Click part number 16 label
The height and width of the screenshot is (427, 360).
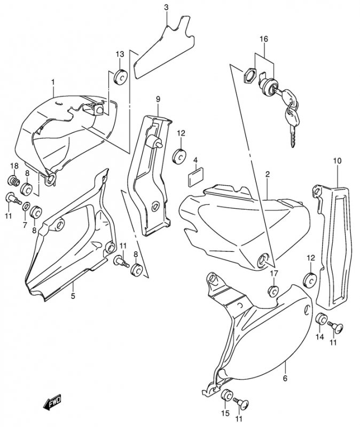coord(263,39)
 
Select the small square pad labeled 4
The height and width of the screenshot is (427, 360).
coord(195,178)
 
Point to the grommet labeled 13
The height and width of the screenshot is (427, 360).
coord(121,76)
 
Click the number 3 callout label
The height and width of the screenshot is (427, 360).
coord(166,7)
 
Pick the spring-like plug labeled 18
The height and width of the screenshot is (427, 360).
coord(14,180)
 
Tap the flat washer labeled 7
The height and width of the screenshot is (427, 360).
coord(26,207)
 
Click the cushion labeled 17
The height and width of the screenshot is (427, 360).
coord(273,291)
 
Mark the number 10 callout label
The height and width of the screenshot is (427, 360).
coord(337,161)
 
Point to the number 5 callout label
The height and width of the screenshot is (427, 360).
coord(73,296)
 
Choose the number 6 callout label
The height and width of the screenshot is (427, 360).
coord(285,378)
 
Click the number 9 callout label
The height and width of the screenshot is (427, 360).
coord(158,99)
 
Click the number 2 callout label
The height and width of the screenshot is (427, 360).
coord(268,174)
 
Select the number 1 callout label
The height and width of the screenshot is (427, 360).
coord(53,82)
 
